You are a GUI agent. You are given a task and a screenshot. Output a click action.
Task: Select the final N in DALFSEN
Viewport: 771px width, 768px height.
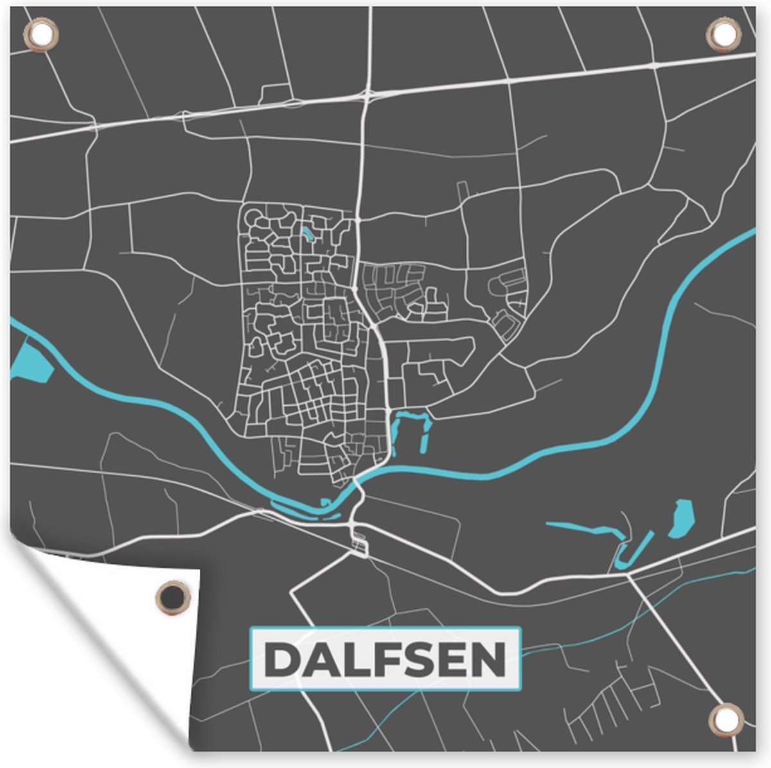[x=490, y=659]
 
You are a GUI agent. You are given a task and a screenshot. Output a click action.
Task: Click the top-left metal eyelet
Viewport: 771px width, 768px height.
[x=40, y=35]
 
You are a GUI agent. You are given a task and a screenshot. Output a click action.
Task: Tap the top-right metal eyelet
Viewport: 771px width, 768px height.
[x=723, y=35]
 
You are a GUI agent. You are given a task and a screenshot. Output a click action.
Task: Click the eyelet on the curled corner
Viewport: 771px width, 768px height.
[x=173, y=598]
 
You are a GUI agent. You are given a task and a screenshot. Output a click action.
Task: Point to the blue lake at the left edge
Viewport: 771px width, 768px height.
[x=30, y=363]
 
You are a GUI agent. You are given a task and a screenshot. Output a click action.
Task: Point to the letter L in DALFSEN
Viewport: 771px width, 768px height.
[x=350, y=659]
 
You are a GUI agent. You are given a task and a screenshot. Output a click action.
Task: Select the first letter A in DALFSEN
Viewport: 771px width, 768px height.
[x=316, y=659]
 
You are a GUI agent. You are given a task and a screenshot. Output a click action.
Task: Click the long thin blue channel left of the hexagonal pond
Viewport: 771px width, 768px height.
[x=581, y=528]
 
